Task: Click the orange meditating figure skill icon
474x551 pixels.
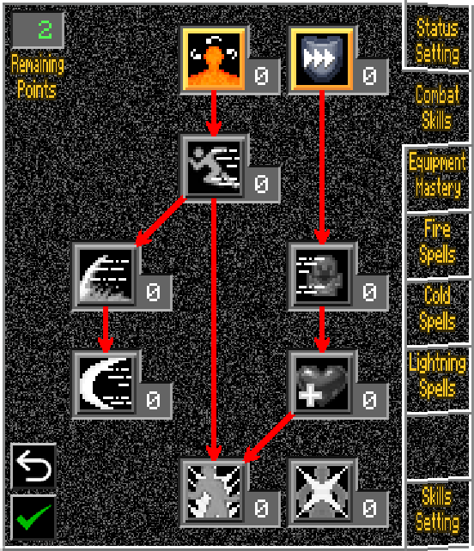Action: pyautogui.click(x=214, y=59)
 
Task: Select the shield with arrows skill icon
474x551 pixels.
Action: pyautogui.click(x=322, y=59)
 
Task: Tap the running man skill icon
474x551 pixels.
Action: pyautogui.click(x=214, y=167)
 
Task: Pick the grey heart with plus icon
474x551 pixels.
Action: pyautogui.click(x=322, y=384)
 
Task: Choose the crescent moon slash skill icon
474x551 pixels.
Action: pyautogui.click(x=106, y=384)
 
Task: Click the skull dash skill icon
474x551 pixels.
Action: pyautogui.click(x=322, y=275)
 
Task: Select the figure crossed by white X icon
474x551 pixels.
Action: pyautogui.click(x=322, y=492)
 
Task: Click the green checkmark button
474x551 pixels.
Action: pyautogui.click(x=33, y=518)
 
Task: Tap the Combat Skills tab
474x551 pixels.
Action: pyautogui.click(x=438, y=107)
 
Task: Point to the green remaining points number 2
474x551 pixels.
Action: pyautogui.click(x=45, y=30)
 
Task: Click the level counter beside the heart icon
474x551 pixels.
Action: pyautogui.click(x=369, y=400)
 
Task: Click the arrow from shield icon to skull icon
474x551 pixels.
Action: pyautogui.click(x=322, y=167)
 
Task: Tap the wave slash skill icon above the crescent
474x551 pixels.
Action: pyautogui.click(x=106, y=275)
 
